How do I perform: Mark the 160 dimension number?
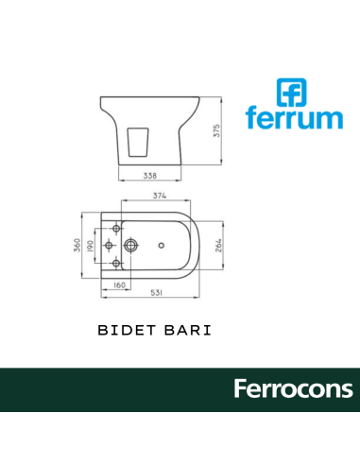pyautogui.click(x=121, y=284)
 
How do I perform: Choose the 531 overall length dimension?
pyautogui.click(x=161, y=294)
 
